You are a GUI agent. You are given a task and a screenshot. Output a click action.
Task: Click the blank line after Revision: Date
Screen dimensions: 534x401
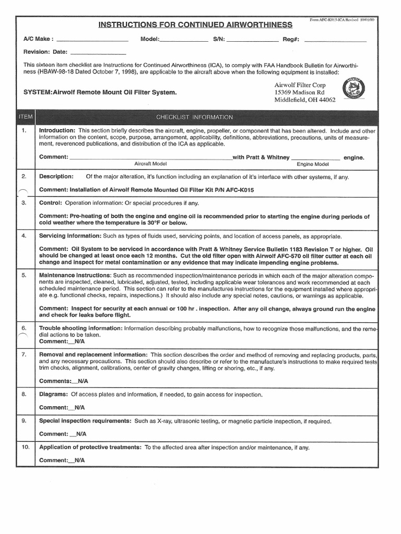pyautogui.click(x=98, y=52)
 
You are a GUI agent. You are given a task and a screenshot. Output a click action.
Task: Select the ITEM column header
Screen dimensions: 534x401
pyautogui.click(x=25, y=117)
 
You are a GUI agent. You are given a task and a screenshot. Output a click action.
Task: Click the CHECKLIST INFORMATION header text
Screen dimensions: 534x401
pyautogui.click(x=194, y=117)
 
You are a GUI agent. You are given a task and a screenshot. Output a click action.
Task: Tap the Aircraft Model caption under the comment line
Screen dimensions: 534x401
pyautogui.click(x=150, y=164)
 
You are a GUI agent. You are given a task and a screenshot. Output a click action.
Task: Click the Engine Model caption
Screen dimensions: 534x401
pyautogui.click(x=313, y=164)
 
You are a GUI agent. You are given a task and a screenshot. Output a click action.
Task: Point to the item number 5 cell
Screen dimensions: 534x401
pyautogui.click(x=25, y=274)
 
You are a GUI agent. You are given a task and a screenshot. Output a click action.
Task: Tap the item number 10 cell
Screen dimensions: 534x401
pyautogui.click(x=25, y=447)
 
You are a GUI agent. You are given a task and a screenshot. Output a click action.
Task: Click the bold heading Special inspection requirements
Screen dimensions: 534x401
pyautogui.click(x=85, y=421)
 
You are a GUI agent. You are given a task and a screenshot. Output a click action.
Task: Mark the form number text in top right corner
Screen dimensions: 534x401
pyautogui.click(x=345, y=19)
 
